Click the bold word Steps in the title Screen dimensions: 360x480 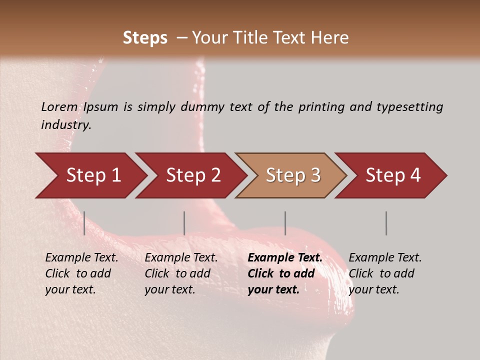[145, 38]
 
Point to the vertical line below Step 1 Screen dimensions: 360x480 [84, 223]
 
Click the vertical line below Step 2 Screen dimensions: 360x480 [184, 223]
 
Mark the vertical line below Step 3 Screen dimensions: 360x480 [285, 223]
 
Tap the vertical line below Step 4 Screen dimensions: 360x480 [386, 223]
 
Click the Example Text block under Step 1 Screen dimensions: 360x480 [81, 273]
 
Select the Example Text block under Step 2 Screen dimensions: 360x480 [181, 273]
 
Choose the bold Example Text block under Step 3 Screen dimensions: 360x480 [285, 273]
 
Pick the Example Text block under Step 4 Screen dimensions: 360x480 [385, 273]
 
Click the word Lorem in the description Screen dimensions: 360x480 [59, 107]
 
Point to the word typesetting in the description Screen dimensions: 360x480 [409, 107]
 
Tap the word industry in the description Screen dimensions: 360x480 [65, 125]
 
